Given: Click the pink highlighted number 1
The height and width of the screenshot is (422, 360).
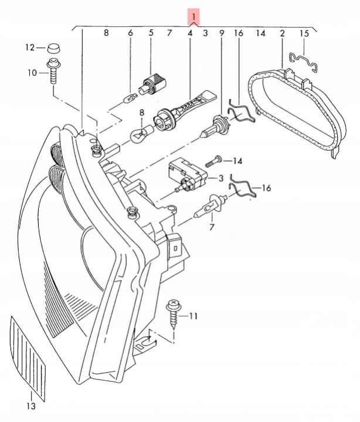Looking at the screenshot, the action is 193,16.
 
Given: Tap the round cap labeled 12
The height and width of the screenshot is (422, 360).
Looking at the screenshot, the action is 54,48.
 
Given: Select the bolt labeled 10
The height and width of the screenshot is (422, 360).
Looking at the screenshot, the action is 53,71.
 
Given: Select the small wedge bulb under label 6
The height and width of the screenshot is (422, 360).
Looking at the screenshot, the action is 129,99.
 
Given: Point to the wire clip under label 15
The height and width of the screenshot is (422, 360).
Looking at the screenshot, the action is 304,62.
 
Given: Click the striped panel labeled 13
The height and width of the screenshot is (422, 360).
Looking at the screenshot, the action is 28,356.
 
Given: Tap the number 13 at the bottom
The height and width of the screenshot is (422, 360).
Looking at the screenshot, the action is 31,406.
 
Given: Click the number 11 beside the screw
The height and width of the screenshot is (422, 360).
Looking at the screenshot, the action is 193,316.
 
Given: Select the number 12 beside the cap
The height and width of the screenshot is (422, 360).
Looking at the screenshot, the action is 30,48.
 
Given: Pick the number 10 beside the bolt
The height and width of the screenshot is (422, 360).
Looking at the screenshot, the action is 32,73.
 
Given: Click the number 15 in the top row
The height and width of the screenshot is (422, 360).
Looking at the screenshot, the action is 304,33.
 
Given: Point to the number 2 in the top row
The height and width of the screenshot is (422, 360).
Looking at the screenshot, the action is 282,33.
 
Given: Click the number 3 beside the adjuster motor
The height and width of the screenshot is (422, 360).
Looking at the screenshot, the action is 220,178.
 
